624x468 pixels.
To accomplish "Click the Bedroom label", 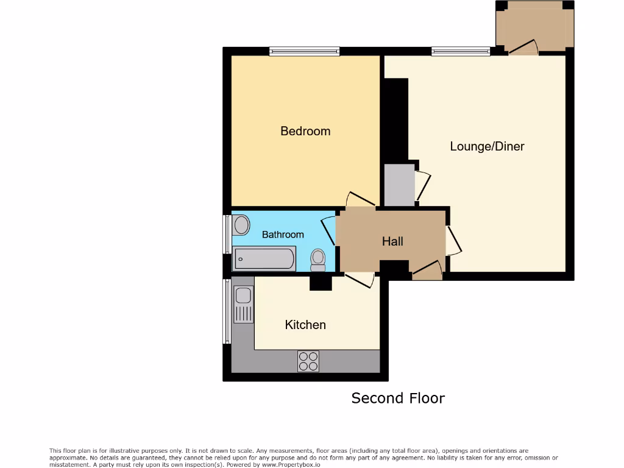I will [305, 131].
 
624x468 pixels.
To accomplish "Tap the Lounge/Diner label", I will [487, 146].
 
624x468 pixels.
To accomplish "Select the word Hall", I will [392, 241].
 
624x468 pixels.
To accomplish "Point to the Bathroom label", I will [283, 235].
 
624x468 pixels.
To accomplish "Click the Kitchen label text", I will [305, 325].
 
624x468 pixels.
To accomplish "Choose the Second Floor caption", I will [398, 398].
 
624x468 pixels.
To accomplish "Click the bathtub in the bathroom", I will [264, 259].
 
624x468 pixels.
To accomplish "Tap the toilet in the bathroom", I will [317, 260].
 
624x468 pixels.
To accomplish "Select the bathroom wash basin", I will [241, 225].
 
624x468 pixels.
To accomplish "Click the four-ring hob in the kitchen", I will [308, 361].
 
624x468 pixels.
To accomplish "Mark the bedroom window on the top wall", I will [305, 52].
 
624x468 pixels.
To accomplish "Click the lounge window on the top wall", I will [461, 52].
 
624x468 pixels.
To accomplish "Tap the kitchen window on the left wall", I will [227, 311].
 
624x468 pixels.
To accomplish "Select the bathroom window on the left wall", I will [227, 234].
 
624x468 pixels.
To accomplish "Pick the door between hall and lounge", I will [453, 241].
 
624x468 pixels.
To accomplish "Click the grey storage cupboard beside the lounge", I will [399, 185].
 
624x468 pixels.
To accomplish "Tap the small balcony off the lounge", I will [534, 27].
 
